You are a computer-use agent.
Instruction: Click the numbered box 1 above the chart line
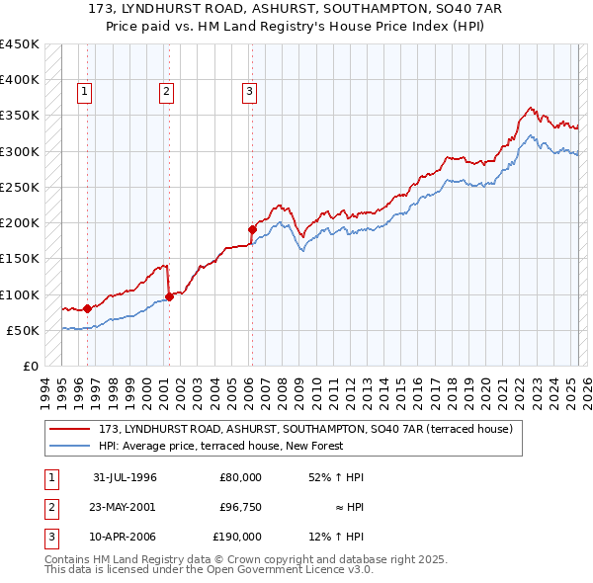86,92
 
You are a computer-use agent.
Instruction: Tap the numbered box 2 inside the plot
166,92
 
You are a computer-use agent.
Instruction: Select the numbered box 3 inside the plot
249,92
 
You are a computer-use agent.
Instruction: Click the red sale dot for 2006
252,229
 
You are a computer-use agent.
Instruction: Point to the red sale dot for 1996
88,308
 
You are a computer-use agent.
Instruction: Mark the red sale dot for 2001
169,295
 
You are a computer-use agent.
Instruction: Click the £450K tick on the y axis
20,44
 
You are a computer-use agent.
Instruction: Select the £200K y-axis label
20,222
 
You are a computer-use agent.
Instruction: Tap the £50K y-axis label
24,330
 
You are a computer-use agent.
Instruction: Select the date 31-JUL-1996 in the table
125,477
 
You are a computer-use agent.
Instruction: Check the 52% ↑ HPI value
336,477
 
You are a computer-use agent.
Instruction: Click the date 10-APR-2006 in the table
125,537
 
